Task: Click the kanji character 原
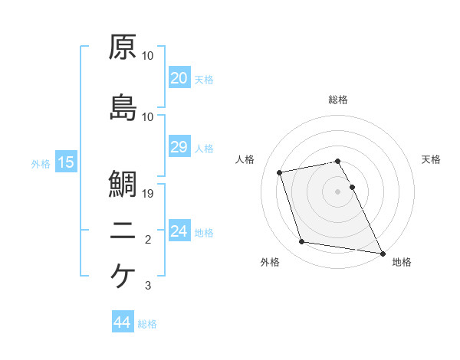click(x=123, y=47)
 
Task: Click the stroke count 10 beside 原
click(x=148, y=57)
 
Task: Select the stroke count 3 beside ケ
click(x=148, y=286)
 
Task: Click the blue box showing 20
click(x=179, y=78)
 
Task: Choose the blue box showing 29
click(x=179, y=147)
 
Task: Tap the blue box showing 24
click(x=179, y=232)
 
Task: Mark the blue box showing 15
click(x=65, y=162)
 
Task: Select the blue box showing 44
click(x=122, y=322)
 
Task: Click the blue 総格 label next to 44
click(x=147, y=324)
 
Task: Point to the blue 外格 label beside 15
click(x=40, y=164)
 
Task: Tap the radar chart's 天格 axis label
click(x=432, y=159)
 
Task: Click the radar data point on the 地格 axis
click(x=382, y=253)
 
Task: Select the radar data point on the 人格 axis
click(x=280, y=171)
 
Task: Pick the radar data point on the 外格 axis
click(x=302, y=242)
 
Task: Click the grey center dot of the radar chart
click(x=338, y=191)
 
